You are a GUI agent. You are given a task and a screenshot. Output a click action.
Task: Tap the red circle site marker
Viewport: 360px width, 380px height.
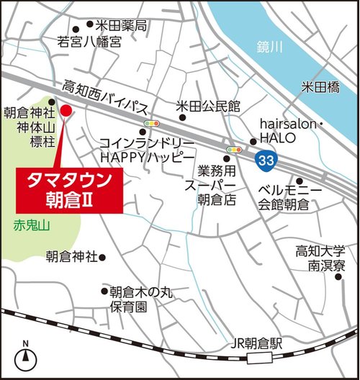pos(65,111)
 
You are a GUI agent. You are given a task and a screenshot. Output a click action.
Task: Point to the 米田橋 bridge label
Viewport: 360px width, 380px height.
pos(320,87)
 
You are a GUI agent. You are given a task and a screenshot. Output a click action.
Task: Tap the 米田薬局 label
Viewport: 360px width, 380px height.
pos(122,26)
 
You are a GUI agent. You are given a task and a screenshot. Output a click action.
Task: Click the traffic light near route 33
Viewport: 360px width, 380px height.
pos(234,150)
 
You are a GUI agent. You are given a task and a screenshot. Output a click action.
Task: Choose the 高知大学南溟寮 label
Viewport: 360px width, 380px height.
pos(321,258)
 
